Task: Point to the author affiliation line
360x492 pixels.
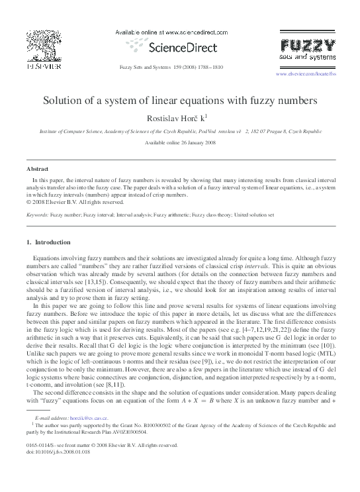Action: [179, 132]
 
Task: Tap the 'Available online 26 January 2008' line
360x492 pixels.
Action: [179, 142]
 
